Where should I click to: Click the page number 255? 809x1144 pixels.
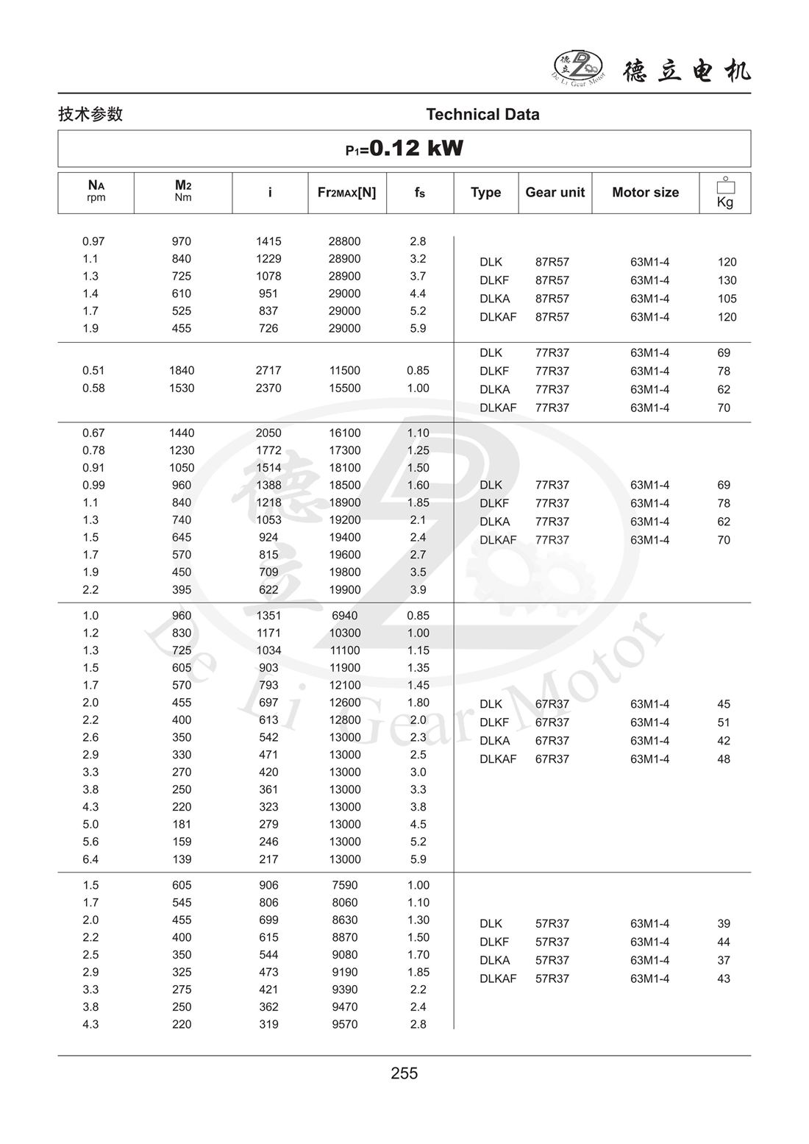click(404, 1073)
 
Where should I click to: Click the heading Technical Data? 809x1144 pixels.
click(482, 114)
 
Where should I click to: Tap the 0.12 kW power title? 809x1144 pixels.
click(404, 149)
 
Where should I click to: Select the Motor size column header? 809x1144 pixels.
click(645, 192)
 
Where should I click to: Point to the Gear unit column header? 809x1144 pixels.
click(555, 192)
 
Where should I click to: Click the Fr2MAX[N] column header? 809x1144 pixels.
click(346, 192)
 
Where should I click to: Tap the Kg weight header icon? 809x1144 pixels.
click(725, 193)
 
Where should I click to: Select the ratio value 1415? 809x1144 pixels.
click(268, 241)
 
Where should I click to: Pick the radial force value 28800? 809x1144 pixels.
click(344, 241)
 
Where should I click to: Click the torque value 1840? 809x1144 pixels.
click(182, 371)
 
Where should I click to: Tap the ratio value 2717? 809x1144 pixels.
click(268, 371)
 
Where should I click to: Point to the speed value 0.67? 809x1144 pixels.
click(93, 433)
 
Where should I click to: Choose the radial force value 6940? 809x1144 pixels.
click(344, 616)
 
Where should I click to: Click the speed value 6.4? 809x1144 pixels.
click(90, 859)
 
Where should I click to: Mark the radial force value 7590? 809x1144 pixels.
click(344, 885)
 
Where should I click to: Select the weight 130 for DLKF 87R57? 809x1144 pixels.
click(727, 280)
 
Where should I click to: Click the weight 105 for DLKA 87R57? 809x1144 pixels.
click(727, 299)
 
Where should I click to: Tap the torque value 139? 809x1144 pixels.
click(182, 859)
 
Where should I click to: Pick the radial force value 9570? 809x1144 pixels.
click(344, 1024)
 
